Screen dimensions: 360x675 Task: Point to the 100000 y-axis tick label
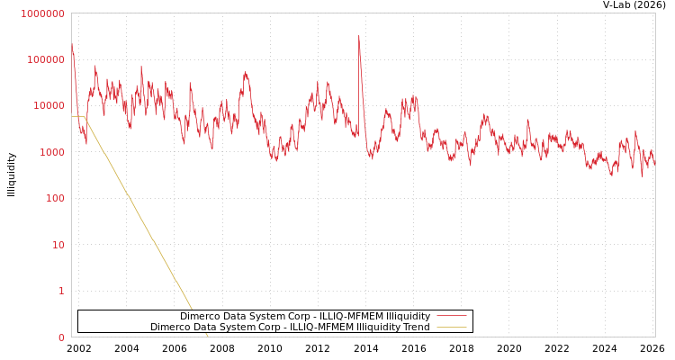coord(45,59)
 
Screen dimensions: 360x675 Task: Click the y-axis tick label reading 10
coord(58,245)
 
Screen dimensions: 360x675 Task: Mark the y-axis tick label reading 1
coord(61,291)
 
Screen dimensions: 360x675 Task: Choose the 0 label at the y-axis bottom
coord(61,337)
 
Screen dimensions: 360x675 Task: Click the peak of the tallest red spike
coord(358,37)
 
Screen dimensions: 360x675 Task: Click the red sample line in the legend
coord(451,316)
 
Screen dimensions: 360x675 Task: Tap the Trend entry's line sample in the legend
coord(451,327)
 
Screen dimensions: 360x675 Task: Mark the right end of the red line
coord(654,166)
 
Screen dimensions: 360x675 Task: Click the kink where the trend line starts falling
coord(85,117)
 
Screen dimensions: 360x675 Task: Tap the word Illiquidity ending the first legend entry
coord(408,316)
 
